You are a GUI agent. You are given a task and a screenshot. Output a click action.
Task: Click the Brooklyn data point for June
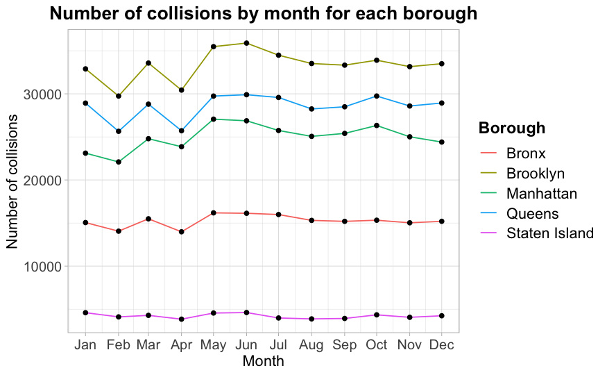pyautogui.click(x=246, y=43)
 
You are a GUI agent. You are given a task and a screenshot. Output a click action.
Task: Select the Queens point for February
pyautogui.click(x=119, y=131)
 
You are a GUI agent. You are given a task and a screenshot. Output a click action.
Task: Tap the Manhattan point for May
pyautogui.click(x=214, y=119)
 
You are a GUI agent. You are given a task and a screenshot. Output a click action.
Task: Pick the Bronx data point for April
pyautogui.click(x=182, y=232)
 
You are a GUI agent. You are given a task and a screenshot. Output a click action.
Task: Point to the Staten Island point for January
pyautogui.click(x=85, y=312)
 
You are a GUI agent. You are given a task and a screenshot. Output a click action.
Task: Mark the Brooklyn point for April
pyautogui.click(x=182, y=90)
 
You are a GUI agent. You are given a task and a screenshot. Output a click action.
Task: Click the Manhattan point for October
pyautogui.click(x=377, y=125)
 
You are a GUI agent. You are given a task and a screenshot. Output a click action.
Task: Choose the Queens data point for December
pyautogui.click(x=441, y=103)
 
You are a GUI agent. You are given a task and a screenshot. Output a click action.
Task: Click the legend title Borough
pyautogui.click(x=512, y=128)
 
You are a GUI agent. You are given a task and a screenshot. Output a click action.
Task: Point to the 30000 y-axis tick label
pyautogui.click(x=46, y=94)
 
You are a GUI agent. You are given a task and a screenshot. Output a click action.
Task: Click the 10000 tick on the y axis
pyautogui.click(x=46, y=267)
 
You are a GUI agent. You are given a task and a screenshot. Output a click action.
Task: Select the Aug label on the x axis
pyautogui.click(x=311, y=345)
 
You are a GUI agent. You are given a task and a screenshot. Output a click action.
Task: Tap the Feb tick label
pyautogui.click(x=119, y=345)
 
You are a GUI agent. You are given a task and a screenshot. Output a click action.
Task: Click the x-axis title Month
pyautogui.click(x=263, y=361)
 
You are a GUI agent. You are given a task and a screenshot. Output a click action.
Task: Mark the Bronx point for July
pyautogui.click(x=278, y=215)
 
